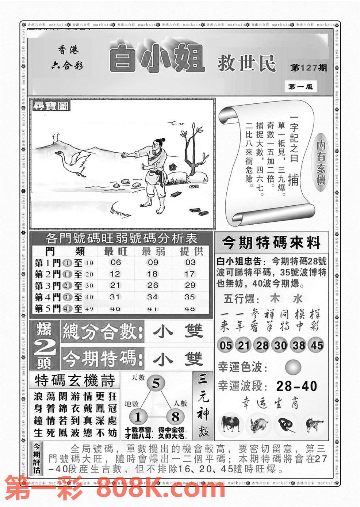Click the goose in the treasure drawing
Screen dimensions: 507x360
click(x=73, y=161)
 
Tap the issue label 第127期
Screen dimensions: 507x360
click(x=308, y=68)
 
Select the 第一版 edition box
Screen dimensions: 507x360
click(x=300, y=87)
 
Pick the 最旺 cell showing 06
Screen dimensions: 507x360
click(x=115, y=262)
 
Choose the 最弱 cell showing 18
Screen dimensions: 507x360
click(x=152, y=274)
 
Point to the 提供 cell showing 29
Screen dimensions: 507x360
click(x=190, y=285)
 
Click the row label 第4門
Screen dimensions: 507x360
click(x=47, y=297)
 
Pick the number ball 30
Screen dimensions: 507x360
click(x=280, y=345)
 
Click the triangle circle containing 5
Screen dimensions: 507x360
click(x=156, y=384)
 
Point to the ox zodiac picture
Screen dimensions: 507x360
click(x=230, y=424)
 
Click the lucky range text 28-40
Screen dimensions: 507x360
click(x=296, y=386)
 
